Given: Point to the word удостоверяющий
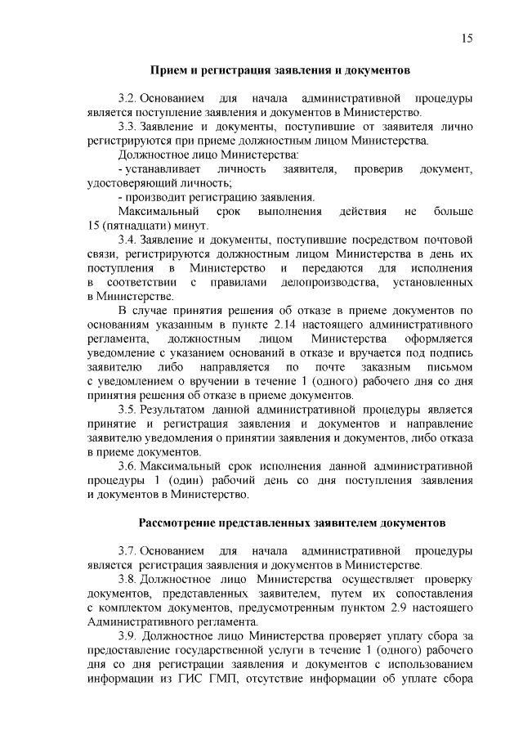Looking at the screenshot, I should click(x=132, y=183).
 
